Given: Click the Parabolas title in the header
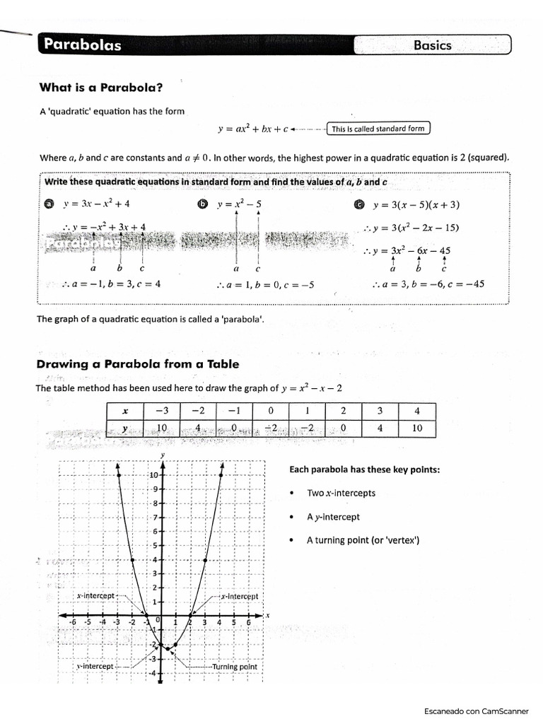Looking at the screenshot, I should [83, 45].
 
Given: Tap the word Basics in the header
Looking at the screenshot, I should [432, 45].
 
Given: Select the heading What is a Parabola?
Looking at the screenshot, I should [100, 88].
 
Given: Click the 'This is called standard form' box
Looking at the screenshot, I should [378, 129].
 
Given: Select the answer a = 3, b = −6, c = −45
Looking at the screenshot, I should [428, 284].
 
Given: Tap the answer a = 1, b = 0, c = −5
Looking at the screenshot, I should [265, 286].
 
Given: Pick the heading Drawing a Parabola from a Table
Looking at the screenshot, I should [137, 364].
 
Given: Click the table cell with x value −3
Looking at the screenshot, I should [162, 411].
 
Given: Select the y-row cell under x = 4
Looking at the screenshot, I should [416, 428].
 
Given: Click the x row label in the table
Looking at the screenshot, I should [124, 411].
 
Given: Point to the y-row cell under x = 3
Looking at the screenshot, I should [380, 428].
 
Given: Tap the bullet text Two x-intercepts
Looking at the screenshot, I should [341, 493].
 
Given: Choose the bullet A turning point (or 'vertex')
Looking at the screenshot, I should [363, 540].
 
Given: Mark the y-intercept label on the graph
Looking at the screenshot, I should [95, 666].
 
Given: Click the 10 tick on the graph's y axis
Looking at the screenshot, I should [153, 475].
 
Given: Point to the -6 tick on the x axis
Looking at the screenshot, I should [72, 621].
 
